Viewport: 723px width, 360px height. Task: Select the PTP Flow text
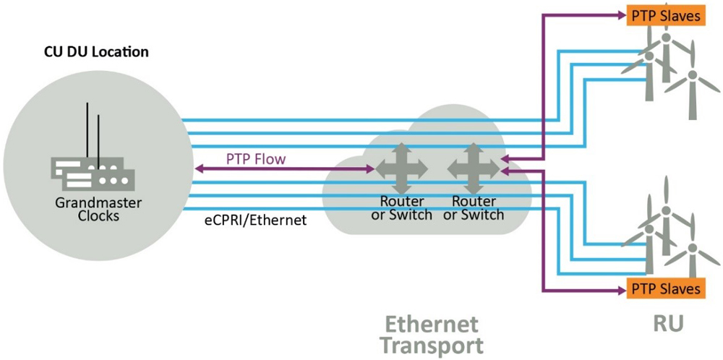(256, 160)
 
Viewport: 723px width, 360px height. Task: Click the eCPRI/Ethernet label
(255, 220)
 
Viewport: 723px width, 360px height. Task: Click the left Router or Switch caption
(401, 208)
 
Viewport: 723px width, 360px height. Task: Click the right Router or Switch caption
(474, 208)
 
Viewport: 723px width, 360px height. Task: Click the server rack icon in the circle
(93, 173)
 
